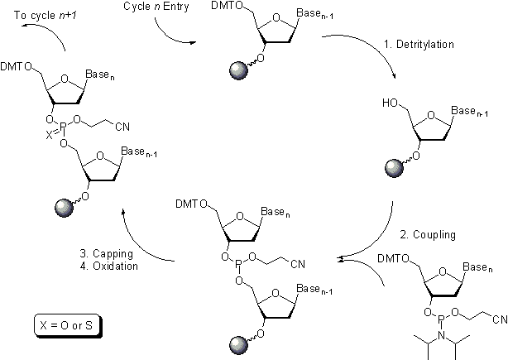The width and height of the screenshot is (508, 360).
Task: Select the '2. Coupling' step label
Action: [429, 235]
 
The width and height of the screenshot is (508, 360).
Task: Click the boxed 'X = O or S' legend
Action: [65, 324]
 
